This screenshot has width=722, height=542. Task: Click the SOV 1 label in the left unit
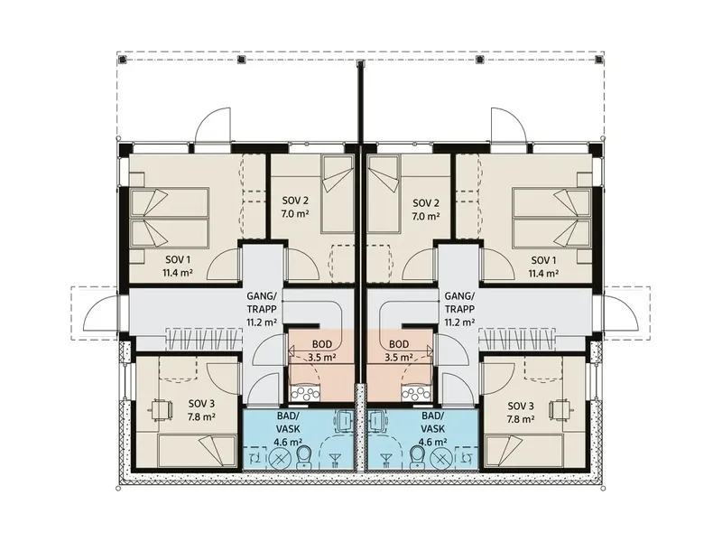click(177, 260)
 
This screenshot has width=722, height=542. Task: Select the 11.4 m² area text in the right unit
click(543, 273)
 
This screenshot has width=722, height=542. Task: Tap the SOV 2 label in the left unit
click(295, 201)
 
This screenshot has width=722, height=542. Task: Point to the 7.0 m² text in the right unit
click(425, 215)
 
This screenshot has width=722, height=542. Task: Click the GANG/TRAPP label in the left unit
click(262, 303)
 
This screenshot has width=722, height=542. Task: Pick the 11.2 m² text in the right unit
click(459, 322)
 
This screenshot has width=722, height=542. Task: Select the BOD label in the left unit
click(322, 344)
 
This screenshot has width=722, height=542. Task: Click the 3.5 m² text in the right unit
click(399, 357)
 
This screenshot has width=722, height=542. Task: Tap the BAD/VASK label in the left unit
click(289, 422)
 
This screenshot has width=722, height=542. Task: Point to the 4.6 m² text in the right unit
click(433, 442)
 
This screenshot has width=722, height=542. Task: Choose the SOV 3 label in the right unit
click(521, 406)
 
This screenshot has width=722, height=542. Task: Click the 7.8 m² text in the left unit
click(201, 417)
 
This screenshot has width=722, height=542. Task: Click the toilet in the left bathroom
click(304, 457)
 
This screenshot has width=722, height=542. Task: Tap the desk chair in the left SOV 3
click(162, 409)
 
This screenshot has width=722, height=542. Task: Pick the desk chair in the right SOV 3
click(560, 409)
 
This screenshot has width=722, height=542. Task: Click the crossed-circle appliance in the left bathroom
click(279, 459)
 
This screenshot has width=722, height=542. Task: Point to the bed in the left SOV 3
click(198, 450)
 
